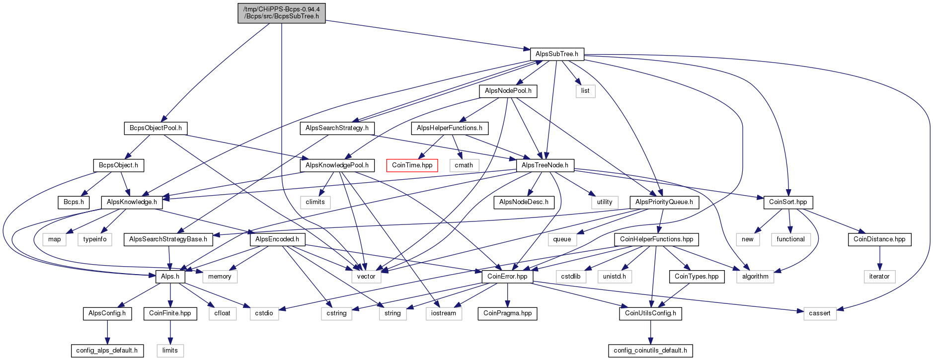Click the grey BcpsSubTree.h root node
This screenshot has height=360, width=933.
281,13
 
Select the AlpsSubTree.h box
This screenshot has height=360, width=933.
556,54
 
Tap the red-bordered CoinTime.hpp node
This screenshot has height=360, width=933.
412,165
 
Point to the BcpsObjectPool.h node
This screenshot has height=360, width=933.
155,128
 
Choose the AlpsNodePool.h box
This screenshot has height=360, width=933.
508,91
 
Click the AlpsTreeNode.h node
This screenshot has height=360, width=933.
544,165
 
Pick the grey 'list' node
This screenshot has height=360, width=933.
585,91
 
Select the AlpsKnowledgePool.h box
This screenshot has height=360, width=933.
337,165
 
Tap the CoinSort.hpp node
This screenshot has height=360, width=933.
788,202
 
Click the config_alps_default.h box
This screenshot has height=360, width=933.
107,351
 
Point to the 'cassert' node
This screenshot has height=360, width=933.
819,313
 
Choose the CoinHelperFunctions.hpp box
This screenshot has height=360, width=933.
656,239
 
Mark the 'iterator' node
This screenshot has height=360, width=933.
879,277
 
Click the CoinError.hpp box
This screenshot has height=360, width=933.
507,277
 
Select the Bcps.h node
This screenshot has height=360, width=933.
74,202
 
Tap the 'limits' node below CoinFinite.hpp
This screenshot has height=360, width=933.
170,351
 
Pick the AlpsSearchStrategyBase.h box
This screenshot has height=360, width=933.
168,239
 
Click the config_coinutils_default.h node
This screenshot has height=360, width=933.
650,351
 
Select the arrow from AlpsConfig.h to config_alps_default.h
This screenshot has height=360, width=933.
107,332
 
